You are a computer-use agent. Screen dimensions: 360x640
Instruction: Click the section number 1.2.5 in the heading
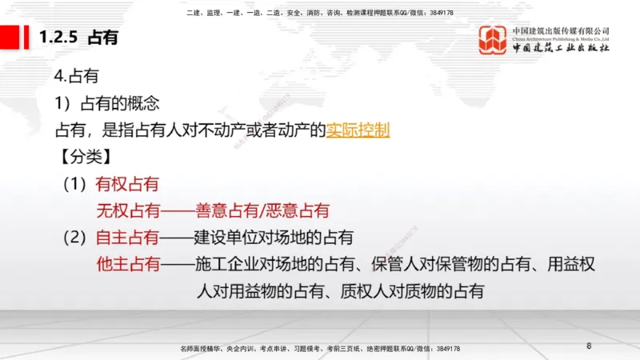click(59, 38)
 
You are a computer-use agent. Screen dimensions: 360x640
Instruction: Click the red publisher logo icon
click(493, 38)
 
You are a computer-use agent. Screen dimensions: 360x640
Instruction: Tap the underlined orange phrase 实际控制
click(358, 129)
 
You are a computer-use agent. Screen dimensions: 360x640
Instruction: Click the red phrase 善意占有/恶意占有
click(262, 210)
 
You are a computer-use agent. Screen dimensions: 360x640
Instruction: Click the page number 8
click(589, 346)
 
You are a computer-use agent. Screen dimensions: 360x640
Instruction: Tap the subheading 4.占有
click(76, 76)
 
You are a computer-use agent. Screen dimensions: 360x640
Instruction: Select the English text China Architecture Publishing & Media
click(560, 38)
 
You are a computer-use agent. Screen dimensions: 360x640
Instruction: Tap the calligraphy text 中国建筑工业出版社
click(560, 49)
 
